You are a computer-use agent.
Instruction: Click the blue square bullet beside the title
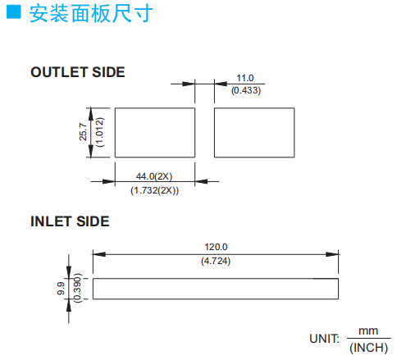click(14, 11)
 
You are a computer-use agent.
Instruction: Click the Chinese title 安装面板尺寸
click(91, 13)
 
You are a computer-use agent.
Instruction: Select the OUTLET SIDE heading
click(78, 72)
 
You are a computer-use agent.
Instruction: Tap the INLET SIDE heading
click(70, 221)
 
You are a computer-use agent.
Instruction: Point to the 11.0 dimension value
click(245, 78)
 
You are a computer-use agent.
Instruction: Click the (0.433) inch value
click(246, 90)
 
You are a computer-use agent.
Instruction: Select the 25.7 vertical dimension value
click(83, 132)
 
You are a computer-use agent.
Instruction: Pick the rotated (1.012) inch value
click(100, 132)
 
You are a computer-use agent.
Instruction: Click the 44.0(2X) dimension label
click(154, 176)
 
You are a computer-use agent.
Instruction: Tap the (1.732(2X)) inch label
click(154, 190)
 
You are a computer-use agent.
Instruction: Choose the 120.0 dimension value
click(216, 247)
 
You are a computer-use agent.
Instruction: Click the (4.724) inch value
click(216, 261)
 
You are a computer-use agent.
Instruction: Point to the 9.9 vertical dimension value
click(61, 289)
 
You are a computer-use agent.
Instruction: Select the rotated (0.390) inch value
click(77, 288)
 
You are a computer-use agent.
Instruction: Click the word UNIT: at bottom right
click(324, 339)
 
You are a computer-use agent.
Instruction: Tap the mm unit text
click(368, 331)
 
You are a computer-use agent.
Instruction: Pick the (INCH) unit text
click(369, 348)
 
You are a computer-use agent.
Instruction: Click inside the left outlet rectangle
click(155, 133)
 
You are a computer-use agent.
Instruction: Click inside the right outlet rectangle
click(254, 133)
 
